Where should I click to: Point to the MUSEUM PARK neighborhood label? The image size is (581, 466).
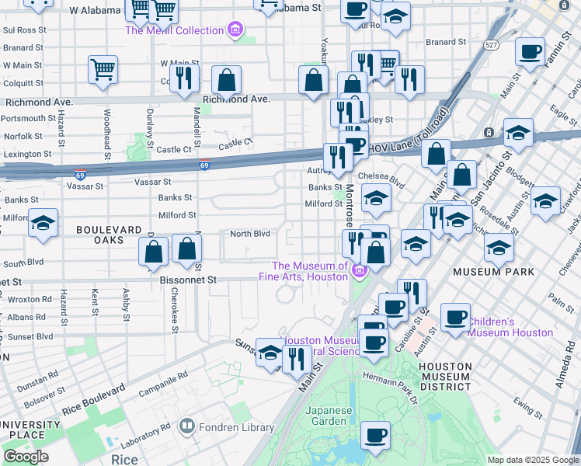tap(494, 272)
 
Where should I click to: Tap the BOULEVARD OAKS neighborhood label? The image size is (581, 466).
tap(109, 235)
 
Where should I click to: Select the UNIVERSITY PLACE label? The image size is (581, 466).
tap(31, 430)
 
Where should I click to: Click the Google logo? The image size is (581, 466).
tap(26, 457)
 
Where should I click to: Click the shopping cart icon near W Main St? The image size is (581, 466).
tap(103, 69)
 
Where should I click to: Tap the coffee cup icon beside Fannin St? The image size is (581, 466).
tap(531, 52)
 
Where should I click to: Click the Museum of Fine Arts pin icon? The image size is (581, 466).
tap(358, 271)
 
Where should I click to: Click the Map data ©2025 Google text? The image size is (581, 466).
tap(532, 459)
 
